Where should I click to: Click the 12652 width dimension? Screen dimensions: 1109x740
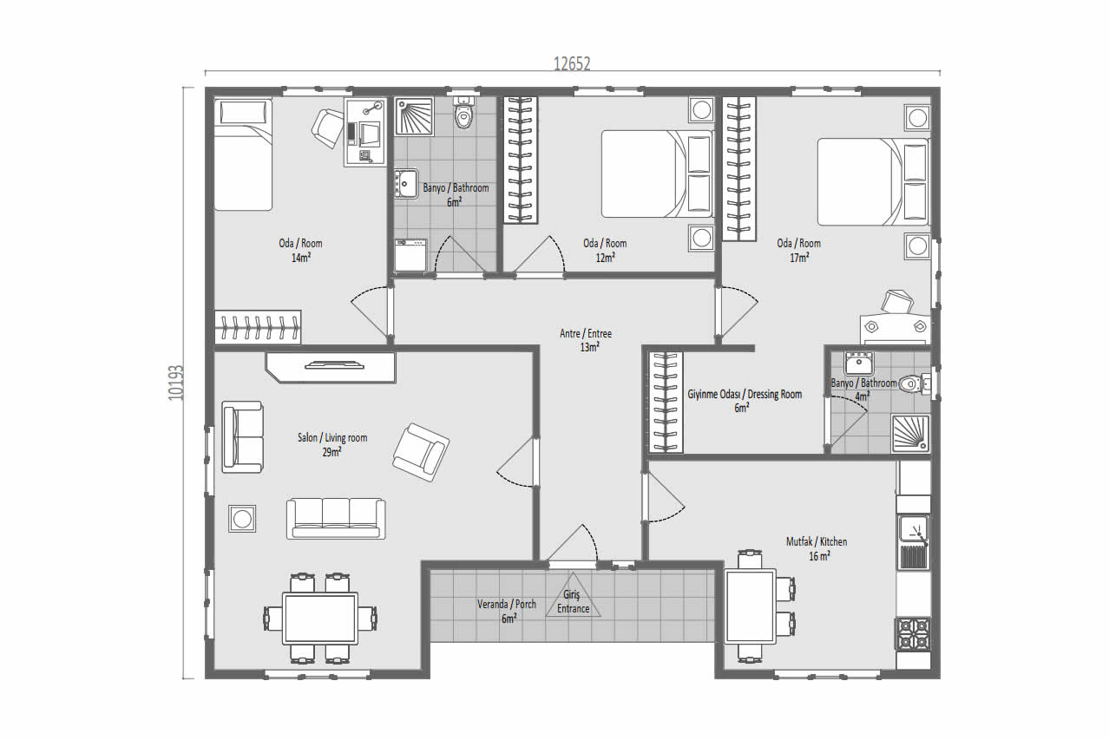pyautogui.click(x=572, y=64)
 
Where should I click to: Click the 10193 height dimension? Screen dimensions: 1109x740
pyautogui.click(x=176, y=383)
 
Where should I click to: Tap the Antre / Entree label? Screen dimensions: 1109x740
pyautogui.click(x=586, y=334)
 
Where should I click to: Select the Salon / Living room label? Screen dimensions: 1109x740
pyautogui.click(x=332, y=437)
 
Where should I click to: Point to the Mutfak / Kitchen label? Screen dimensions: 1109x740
pyautogui.click(x=817, y=541)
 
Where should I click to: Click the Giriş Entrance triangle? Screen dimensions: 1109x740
pyautogui.click(x=574, y=600)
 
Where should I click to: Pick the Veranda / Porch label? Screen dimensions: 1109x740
pyautogui.click(x=507, y=604)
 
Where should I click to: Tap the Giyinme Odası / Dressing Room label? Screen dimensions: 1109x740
pyautogui.click(x=745, y=394)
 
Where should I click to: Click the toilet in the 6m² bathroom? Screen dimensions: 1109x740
pyautogui.click(x=463, y=113)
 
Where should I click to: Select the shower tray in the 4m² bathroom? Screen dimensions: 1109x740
pyautogui.click(x=910, y=434)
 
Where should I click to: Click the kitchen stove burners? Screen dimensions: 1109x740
pyautogui.click(x=912, y=634)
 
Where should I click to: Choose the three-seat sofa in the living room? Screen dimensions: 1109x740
pyautogui.click(x=336, y=518)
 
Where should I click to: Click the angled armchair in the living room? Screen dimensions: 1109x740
pyautogui.click(x=421, y=452)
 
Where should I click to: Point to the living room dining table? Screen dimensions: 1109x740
pyautogui.click(x=320, y=619)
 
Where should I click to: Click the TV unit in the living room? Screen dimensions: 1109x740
pyautogui.click(x=331, y=367)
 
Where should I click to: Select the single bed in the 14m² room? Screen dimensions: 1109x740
pyautogui.click(x=243, y=154)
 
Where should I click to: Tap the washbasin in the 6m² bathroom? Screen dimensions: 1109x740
pyautogui.click(x=406, y=184)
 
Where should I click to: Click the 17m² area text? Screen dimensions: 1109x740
pyautogui.click(x=799, y=258)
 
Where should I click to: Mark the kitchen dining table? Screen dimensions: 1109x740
pyautogui.click(x=750, y=606)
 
